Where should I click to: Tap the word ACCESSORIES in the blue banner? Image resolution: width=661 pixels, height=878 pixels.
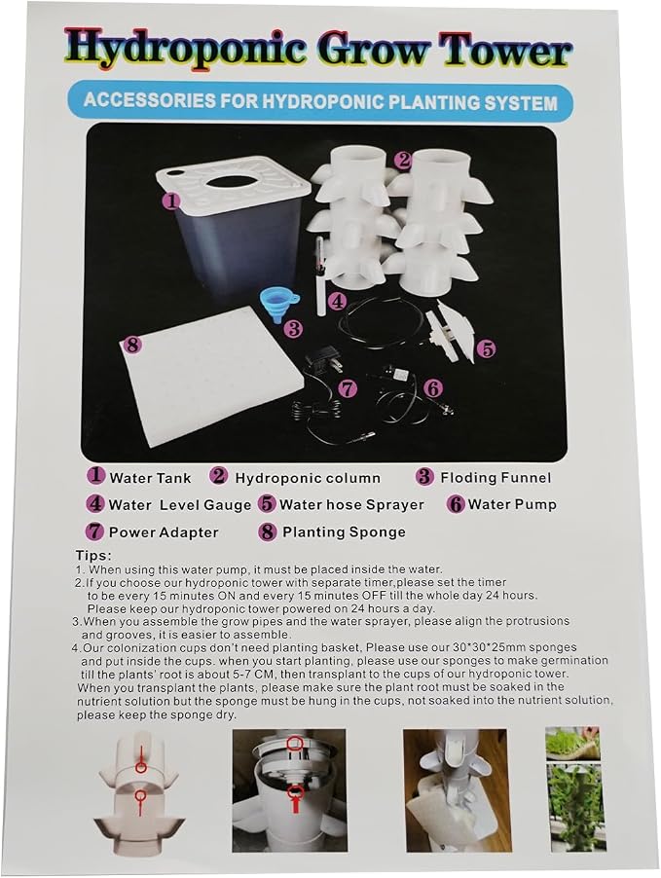pyautogui.click(x=142, y=101)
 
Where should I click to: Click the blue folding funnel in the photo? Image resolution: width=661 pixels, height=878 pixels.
pyautogui.click(x=279, y=306)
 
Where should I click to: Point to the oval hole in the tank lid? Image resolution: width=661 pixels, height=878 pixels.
pyautogui.click(x=237, y=183)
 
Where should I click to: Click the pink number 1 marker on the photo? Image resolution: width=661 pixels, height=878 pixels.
pyautogui.click(x=172, y=201)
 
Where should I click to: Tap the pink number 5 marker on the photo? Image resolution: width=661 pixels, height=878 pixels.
pyautogui.click(x=487, y=348)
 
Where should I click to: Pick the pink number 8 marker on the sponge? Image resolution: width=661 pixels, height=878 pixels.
pyautogui.click(x=132, y=345)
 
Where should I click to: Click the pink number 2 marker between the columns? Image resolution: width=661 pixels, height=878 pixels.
pyautogui.click(x=403, y=161)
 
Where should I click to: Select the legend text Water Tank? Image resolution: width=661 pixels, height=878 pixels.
pyautogui.click(x=150, y=478)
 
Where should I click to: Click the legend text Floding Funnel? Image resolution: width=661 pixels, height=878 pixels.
pyautogui.click(x=496, y=478)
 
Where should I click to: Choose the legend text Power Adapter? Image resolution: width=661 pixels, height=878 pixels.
pyautogui.click(x=164, y=531)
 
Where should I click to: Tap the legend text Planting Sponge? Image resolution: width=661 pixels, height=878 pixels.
pyautogui.click(x=344, y=531)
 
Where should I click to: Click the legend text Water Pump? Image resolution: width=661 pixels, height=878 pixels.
pyautogui.click(x=512, y=504)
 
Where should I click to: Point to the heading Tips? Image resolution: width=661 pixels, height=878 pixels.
pyautogui.click(x=93, y=556)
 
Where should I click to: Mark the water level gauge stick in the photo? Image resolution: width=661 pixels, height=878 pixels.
pyautogui.click(x=321, y=276)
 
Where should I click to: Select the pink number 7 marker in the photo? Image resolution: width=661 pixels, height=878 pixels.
pyautogui.click(x=348, y=388)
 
